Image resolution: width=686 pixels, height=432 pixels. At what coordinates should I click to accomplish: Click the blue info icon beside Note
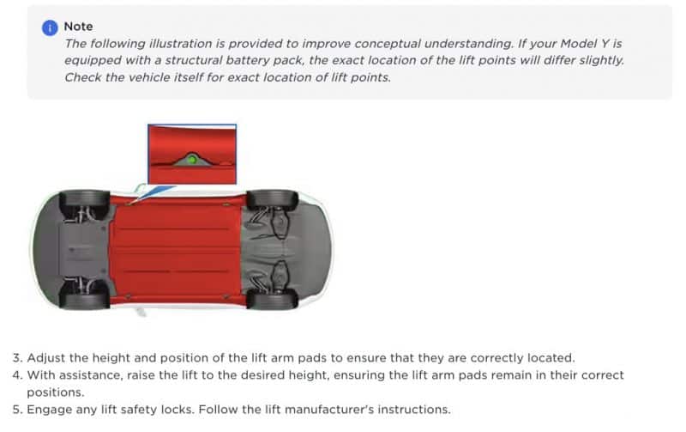click(x=50, y=27)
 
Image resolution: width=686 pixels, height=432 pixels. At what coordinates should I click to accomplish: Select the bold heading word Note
click(x=78, y=27)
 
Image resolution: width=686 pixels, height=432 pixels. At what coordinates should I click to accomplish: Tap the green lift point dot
click(x=192, y=160)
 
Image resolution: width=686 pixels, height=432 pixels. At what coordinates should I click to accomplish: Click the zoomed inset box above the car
click(x=192, y=153)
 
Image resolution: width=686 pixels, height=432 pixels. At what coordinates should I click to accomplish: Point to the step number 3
click(x=16, y=358)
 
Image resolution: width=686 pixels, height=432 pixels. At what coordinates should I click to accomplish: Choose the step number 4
click(x=16, y=375)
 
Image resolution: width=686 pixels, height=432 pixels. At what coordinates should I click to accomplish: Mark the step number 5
click(x=16, y=410)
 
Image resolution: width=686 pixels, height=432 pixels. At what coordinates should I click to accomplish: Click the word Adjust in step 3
click(x=45, y=358)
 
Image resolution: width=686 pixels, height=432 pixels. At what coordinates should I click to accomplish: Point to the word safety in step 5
click(x=142, y=410)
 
